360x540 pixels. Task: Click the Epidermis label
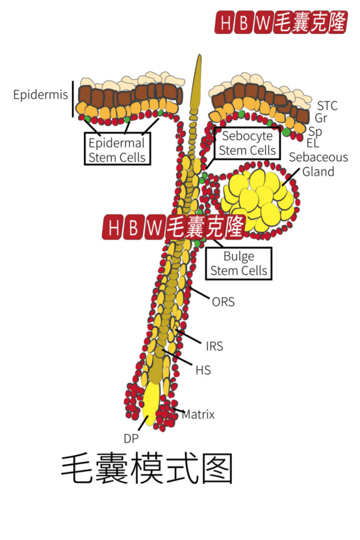41,95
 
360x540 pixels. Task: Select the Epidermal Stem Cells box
117,149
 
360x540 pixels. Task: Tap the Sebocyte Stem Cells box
247,143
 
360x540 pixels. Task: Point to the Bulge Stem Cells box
238,263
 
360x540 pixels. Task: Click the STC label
327,106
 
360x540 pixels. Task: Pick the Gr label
321,118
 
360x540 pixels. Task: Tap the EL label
313,143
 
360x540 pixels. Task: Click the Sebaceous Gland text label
318,164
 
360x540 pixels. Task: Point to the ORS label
224,302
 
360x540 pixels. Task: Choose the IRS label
214,346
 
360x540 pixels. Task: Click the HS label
203,370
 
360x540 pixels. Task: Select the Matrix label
198,415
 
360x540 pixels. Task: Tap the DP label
131,439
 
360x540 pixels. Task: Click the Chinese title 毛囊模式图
147,469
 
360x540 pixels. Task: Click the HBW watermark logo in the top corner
281,22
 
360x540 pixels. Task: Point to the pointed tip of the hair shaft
199,55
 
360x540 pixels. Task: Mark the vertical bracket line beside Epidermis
73,99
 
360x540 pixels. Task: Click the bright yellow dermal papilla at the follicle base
151,402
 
